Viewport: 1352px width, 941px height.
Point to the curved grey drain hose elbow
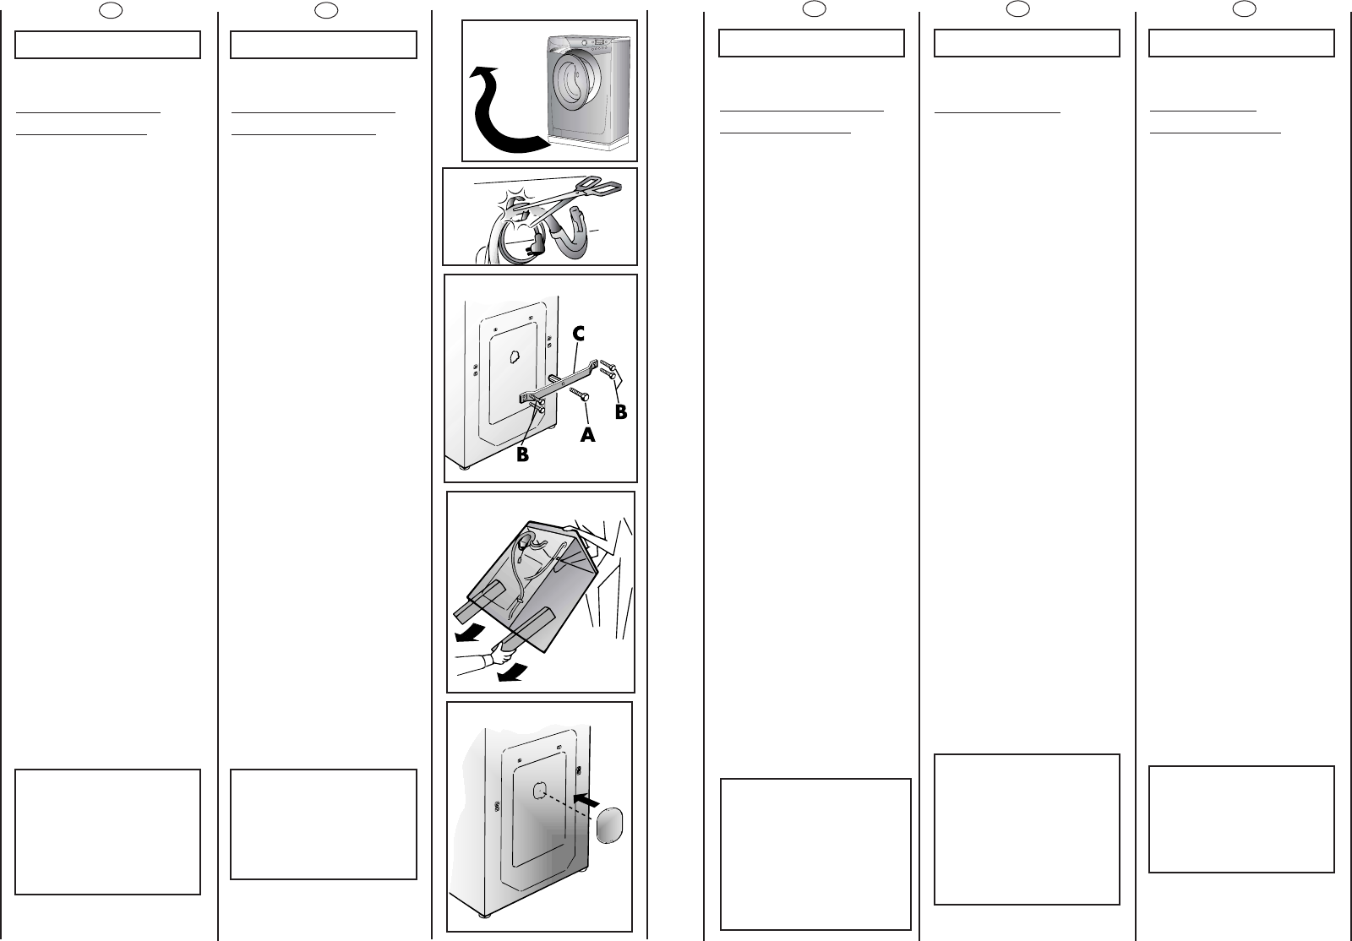coord(580,233)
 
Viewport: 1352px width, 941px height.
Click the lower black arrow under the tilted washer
coord(514,672)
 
